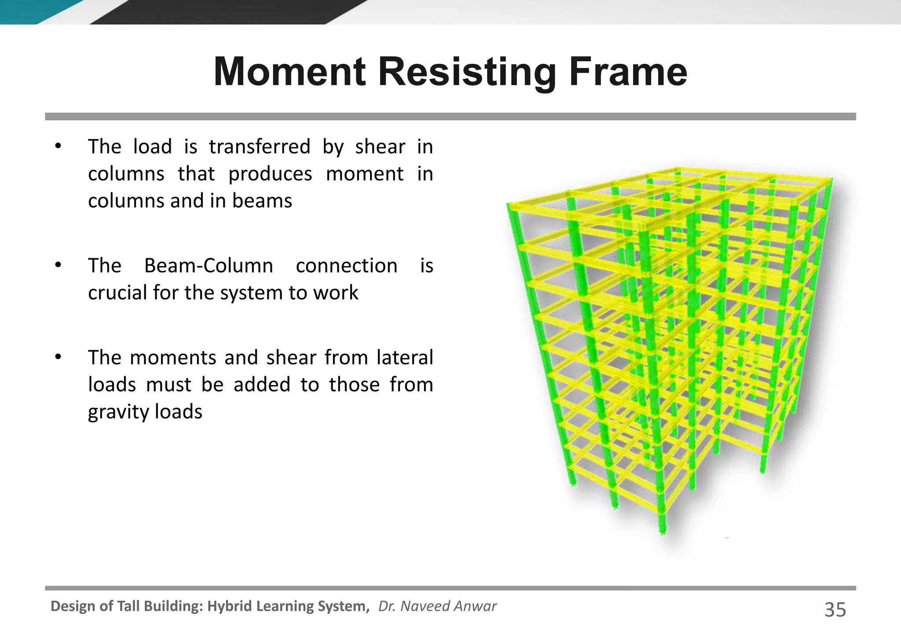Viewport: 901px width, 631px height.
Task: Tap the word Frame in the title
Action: click(x=628, y=72)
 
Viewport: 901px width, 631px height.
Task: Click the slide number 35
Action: click(x=835, y=610)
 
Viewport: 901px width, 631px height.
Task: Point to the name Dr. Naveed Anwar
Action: click(x=437, y=606)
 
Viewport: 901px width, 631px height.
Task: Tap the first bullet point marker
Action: click(x=58, y=147)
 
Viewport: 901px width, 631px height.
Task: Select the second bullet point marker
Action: click(x=58, y=266)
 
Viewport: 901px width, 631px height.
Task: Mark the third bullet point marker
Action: click(x=58, y=357)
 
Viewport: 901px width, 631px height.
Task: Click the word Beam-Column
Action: click(x=209, y=266)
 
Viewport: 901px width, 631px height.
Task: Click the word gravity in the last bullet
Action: click(x=113, y=412)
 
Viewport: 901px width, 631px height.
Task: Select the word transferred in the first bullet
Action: click(x=260, y=147)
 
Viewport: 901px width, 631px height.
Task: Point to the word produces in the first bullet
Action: click(x=270, y=174)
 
